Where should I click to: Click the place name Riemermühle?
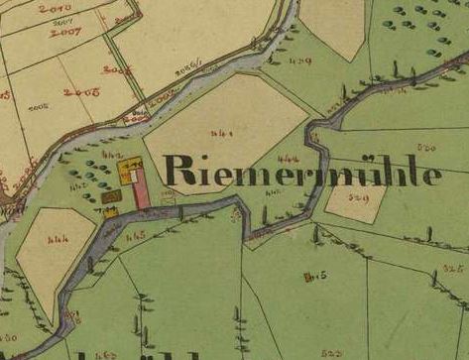point(302,171)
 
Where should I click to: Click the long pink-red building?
point(142,187)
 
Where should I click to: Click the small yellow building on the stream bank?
point(111,210)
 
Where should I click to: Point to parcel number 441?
point(222,132)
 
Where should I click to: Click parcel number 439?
point(300,61)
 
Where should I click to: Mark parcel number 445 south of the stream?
point(137,235)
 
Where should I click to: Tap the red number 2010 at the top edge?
point(49,8)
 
